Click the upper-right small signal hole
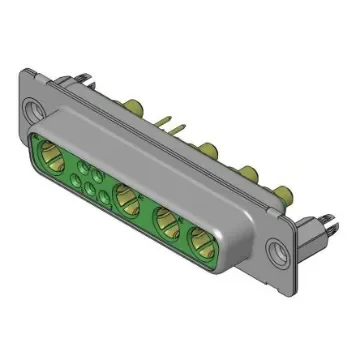coord(100,171)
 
